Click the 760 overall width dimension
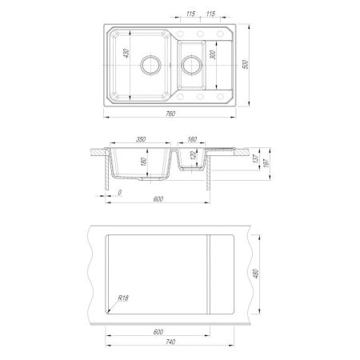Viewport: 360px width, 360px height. (170, 114)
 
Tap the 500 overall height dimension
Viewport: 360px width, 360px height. (246, 65)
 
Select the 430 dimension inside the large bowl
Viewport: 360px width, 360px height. (126, 53)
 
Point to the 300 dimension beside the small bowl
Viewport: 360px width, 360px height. (213, 54)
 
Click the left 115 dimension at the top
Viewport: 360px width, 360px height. (190, 14)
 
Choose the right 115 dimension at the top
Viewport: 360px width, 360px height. (210, 14)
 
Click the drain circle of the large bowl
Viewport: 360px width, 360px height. (150, 65)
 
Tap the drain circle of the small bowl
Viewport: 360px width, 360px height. (191, 65)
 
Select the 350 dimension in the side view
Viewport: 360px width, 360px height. (141, 139)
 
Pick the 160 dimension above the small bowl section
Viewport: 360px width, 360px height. (192, 139)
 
